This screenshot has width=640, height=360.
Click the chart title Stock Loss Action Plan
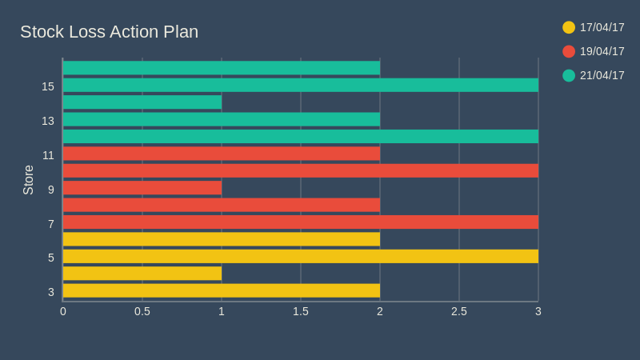point(109,32)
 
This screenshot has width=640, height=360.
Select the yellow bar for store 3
point(221,290)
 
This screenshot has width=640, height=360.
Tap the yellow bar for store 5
point(300,256)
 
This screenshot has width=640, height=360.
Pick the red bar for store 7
point(300,222)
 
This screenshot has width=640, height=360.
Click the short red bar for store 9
point(142,187)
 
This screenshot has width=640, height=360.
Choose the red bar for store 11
point(221,153)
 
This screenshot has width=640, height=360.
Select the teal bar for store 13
point(221,119)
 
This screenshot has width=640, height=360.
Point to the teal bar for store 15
point(300,85)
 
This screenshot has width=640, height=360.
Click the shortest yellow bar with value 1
point(142,273)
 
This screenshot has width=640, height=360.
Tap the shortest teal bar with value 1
point(142,102)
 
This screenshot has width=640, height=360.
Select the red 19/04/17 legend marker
point(569,51)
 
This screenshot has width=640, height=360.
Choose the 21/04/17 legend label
point(602,75)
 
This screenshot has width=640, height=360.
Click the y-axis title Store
point(29,180)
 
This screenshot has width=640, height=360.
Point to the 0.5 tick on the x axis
point(142,311)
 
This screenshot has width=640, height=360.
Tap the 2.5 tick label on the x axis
point(458,311)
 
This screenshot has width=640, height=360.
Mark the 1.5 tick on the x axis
point(301,311)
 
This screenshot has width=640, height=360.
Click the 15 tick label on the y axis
point(48,86)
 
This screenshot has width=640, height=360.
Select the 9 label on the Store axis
point(51,190)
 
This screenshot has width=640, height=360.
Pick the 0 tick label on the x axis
point(63,311)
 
